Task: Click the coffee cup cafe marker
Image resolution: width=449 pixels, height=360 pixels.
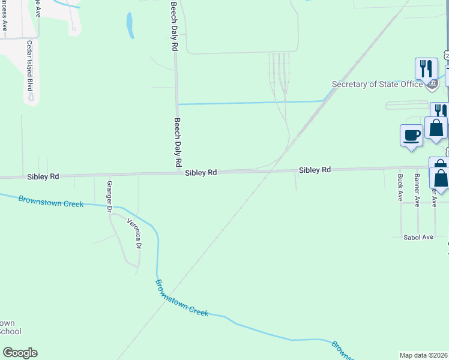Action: point(411,134)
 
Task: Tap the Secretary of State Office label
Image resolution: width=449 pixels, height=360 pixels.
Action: point(378,85)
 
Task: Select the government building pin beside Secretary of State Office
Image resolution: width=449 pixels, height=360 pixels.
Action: point(432,84)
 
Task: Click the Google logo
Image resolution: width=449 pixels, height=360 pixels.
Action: point(20,353)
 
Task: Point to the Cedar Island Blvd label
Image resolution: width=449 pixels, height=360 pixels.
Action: point(29,65)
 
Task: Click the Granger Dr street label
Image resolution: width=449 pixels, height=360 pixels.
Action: point(110,197)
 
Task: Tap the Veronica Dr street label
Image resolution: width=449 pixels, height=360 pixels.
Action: point(134,233)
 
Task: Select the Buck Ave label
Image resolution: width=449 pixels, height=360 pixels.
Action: point(400,187)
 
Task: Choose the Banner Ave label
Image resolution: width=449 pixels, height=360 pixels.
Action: point(417,187)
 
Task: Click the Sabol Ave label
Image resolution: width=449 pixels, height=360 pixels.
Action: point(418,237)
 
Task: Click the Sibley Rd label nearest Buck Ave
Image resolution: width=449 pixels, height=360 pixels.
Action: point(315,170)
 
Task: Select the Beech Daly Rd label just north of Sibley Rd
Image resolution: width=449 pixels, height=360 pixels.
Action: point(178,142)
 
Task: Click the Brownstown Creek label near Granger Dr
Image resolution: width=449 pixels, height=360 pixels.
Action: point(50,202)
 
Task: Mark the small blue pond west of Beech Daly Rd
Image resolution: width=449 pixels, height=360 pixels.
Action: point(130,25)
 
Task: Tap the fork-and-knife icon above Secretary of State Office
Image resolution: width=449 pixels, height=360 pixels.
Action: point(426,67)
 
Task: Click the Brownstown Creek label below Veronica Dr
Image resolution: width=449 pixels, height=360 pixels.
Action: point(181,298)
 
